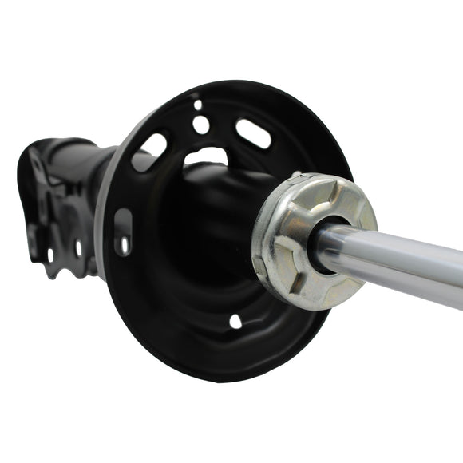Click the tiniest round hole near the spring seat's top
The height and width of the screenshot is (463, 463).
pos(197,104)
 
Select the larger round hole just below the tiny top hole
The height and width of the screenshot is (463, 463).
pos(201,125)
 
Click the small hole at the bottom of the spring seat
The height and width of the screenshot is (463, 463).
pos(235,321)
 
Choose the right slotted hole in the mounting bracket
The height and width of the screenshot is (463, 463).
pos(77,248)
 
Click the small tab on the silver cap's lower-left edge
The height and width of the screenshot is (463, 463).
pos(264,279)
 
